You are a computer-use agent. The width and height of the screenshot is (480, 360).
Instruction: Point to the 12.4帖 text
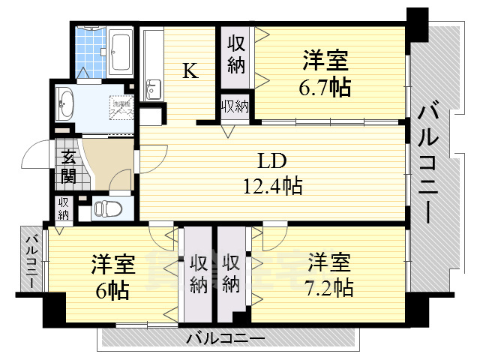(x=273, y=184)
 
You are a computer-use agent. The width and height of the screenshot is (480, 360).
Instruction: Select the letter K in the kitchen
(x=190, y=71)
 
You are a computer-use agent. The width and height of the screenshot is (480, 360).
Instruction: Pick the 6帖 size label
(x=112, y=289)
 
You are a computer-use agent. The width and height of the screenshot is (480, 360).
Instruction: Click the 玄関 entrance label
(x=67, y=166)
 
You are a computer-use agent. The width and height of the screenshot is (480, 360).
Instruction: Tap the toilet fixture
(x=111, y=208)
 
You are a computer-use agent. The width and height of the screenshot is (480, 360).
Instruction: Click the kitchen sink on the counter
(x=153, y=88)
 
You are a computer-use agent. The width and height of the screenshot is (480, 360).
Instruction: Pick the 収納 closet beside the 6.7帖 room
(x=236, y=54)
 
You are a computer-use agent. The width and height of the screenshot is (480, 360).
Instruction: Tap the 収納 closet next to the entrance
(x=63, y=208)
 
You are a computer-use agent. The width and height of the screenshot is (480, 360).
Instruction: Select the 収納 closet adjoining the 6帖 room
(x=198, y=274)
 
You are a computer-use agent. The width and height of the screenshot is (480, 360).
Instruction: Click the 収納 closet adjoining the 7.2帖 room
(x=232, y=274)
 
